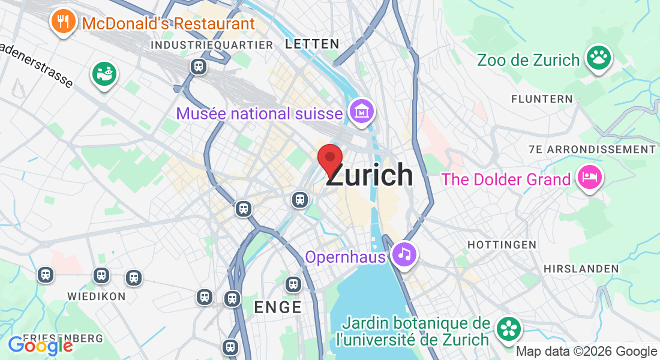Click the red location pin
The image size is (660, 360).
(329, 159)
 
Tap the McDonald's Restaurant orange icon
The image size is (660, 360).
(62, 22)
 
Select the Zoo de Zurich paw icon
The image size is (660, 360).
(598, 58)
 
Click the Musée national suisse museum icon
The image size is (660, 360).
(362, 112)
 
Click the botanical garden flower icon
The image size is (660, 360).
(509, 328)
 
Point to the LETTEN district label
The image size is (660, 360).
(313, 44)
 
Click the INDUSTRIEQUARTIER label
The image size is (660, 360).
(212, 45)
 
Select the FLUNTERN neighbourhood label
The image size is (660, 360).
(542, 99)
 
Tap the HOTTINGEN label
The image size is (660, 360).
(502, 245)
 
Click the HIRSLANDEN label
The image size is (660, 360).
(581, 269)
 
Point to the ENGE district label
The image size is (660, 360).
(278, 307)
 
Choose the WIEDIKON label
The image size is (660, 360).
(96, 296)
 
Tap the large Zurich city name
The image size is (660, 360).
(370, 175)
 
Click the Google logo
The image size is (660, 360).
(40, 345)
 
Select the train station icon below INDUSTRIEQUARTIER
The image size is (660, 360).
(199, 67)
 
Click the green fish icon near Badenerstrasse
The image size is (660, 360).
(104, 74)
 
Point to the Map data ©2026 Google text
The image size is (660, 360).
(587, 352)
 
